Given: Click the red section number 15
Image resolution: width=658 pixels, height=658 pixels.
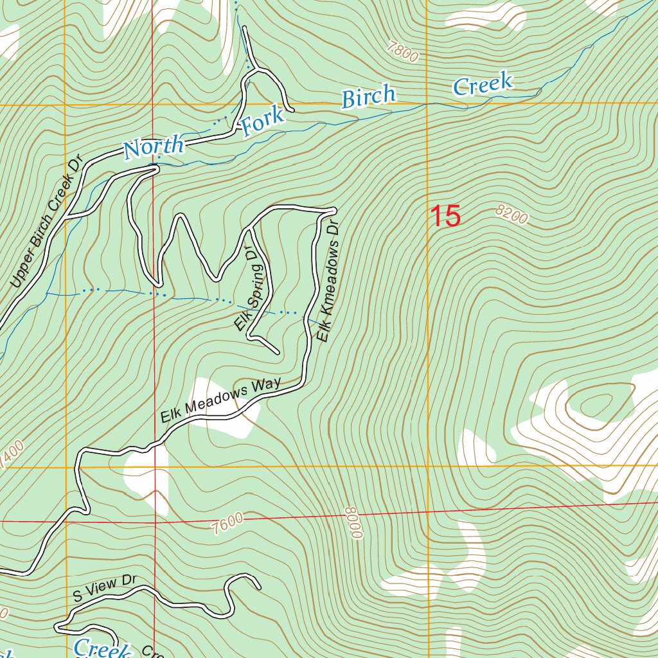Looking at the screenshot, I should [x=445, y=216].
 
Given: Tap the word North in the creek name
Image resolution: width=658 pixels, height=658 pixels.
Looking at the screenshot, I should [x=154, y=147].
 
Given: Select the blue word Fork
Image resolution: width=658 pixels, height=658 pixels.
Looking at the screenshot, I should [x=262, y=122].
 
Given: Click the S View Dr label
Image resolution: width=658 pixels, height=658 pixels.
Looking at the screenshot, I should [x=105, y=589].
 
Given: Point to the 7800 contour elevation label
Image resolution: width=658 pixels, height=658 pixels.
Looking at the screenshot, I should [x=403, y=51].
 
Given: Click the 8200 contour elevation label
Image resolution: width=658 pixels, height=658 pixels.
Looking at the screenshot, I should [x=511, y=215].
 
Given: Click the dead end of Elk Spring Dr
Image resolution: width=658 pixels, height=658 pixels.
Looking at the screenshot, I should [x=277, y=353].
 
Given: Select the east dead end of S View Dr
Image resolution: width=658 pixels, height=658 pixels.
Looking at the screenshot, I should [x=258, y=586].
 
